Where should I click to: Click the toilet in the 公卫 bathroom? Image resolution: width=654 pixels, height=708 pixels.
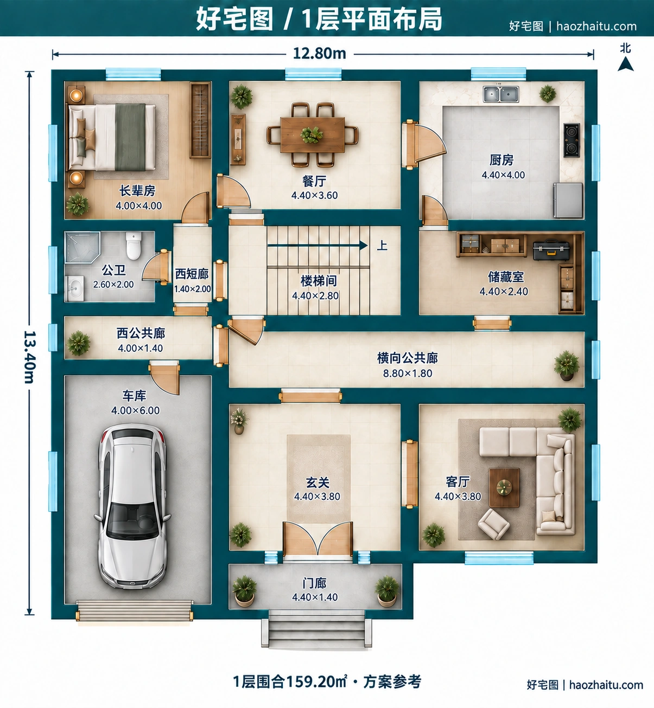pos(134,246)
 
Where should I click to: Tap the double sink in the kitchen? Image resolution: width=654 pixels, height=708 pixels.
pos(501,94)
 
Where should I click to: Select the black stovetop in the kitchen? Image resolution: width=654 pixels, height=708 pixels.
pos(572,140)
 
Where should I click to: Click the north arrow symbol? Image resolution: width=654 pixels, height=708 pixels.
pos(626,64)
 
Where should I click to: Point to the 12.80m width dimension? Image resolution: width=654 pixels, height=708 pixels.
pos(320,54)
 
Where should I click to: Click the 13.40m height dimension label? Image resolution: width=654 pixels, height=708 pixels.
pos(30,357)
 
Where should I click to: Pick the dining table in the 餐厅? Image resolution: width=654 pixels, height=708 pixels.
pos(313,135)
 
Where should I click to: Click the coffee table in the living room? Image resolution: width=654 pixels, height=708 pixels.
pos(504,487)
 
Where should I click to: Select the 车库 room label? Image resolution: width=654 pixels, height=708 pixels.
pos(134,396)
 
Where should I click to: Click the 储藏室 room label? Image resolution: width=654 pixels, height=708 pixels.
pos(506,276)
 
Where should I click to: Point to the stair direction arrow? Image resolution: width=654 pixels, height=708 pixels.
pos(318,245)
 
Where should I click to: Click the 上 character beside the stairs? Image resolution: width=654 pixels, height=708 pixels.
pos(382,245)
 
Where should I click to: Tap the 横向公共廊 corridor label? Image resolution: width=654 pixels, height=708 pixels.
pos(407,358)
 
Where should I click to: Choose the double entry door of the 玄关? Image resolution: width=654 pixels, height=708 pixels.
pos(318,539)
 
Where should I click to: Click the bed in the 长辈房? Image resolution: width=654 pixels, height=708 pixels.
pos(112,137)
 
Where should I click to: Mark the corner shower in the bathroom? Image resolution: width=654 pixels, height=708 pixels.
pos(82,247)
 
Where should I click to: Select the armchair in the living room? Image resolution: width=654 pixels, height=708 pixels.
pos(494,524)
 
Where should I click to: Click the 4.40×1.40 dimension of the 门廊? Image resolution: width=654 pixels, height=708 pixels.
pos(315,597)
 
